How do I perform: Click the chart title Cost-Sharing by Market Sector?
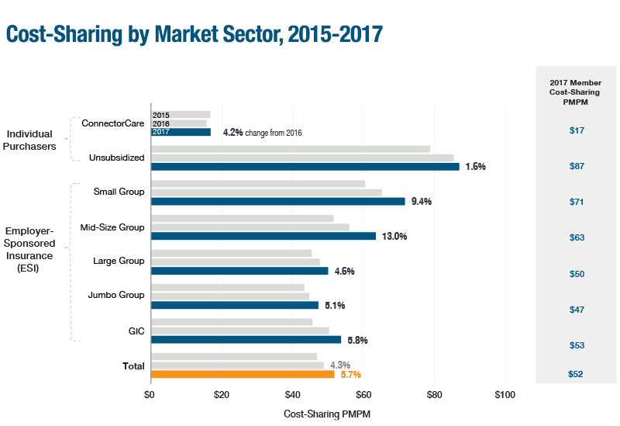[x=194, y=34]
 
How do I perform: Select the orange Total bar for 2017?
[x=242, y=374]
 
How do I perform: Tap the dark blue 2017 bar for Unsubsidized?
[x=305, y=167]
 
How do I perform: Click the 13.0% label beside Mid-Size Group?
[x=394, y=236]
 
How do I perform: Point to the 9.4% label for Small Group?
[x=421, y=202]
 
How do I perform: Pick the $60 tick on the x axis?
[x=363, y=395]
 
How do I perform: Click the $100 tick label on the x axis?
[x=505, y=395]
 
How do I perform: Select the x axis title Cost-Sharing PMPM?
[x=327, y=414]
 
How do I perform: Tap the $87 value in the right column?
[x=576, y=166]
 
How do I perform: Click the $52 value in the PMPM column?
[x=576, y=374]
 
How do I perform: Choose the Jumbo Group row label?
[x=116, y=295]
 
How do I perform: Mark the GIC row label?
[x=136, y=331]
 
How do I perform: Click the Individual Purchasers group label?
[x=33, y=140]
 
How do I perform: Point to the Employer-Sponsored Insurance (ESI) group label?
[x=30, y=249]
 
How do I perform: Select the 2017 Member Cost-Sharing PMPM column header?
[x=576, y=92]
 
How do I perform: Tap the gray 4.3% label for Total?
[x=340, y=365]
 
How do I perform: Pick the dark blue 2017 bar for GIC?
[x=246, y=340]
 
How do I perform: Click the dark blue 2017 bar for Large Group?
[x=239, y=271]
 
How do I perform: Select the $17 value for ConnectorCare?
[x=576, y=130]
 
